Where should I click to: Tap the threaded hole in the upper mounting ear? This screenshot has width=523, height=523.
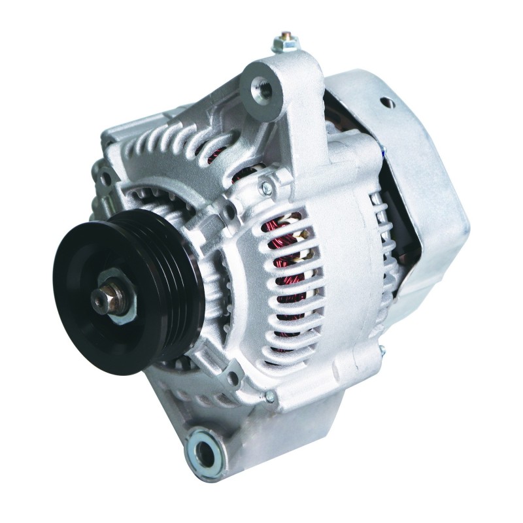point(260,84)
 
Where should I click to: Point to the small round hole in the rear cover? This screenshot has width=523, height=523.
point(390,102)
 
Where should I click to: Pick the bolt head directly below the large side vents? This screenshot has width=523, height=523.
point(269,396)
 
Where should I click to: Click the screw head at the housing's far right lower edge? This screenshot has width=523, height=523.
point(381,354)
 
